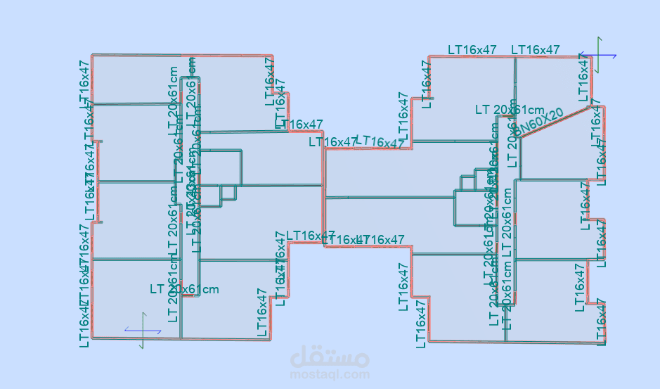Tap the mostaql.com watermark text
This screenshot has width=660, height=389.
coord(330,375)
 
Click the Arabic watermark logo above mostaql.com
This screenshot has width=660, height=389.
coord(330,357)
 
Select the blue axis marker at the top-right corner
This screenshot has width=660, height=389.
coord(598,55)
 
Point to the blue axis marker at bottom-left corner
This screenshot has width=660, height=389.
coord(143,330)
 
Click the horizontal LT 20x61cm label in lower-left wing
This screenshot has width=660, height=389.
coord(184,289)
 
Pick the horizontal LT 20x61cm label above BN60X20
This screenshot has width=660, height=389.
coord(510,109)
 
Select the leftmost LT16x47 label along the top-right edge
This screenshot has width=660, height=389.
coord(472,50)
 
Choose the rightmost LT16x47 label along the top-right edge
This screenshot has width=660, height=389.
coord(536,50)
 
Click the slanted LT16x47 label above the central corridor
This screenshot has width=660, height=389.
coord(380,141)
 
